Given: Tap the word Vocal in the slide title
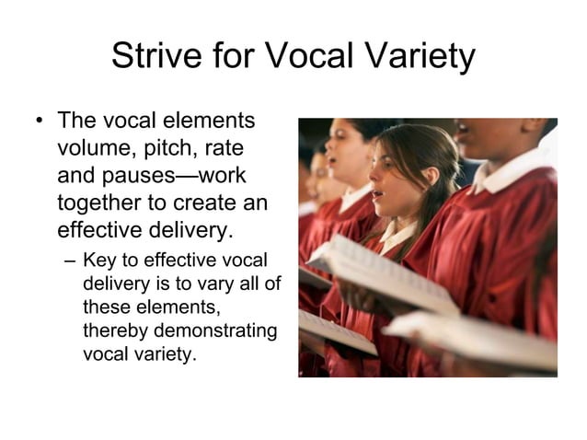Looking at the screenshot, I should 317,57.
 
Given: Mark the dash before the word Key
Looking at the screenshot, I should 71,260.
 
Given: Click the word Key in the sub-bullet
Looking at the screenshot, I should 99,260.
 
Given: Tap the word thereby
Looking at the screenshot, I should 116,330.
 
